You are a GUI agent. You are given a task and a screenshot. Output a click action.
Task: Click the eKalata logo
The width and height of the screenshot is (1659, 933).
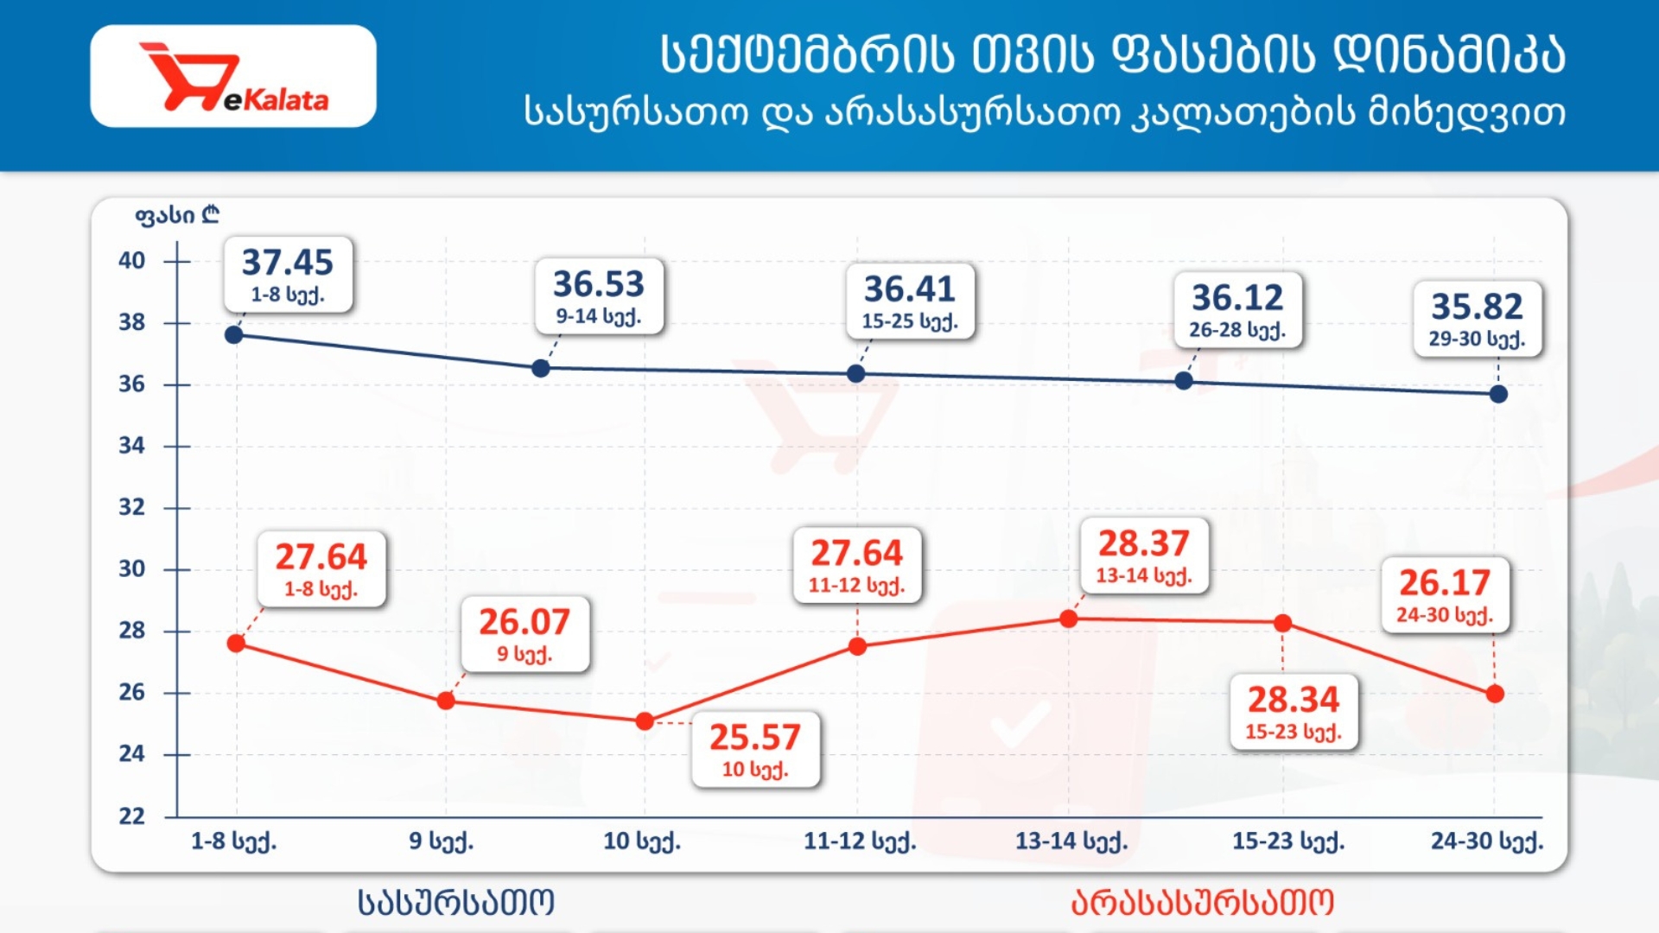click(233, 77)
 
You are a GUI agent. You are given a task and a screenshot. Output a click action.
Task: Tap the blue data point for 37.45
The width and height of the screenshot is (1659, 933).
click(233, 334)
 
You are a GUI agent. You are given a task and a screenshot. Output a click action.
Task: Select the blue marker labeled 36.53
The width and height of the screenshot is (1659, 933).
click(541, 369)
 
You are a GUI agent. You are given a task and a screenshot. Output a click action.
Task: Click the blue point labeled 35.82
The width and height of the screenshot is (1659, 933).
click(1498, 394)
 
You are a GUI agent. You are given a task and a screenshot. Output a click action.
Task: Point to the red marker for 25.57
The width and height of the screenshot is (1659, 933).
click(645, 721)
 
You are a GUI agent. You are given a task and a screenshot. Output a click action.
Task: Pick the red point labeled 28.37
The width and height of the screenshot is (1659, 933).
click(1069, 619)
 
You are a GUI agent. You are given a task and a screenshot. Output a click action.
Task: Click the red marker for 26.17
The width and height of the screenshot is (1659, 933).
click(1495, 694)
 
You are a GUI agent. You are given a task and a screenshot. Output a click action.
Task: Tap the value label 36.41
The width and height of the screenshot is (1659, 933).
click(910, 289)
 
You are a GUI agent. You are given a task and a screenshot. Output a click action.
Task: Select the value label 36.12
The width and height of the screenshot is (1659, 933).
click(1237, 298)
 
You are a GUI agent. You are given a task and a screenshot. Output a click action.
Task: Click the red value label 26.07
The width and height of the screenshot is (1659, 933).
click(524, 622)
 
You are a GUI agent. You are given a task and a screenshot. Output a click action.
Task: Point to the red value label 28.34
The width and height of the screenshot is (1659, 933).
click(1294, 700)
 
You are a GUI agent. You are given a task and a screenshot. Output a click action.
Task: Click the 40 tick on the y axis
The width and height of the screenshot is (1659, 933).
click(131, 260)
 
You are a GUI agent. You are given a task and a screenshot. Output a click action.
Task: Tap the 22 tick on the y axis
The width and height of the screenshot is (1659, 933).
click(131, 816)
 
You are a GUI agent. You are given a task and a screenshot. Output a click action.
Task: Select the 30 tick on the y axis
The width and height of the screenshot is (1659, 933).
click(131, 568)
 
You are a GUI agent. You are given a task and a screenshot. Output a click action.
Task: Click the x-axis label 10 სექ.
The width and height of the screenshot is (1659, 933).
click(642, 841)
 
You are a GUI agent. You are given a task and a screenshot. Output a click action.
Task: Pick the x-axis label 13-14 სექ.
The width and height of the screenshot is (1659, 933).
click(1071, 841)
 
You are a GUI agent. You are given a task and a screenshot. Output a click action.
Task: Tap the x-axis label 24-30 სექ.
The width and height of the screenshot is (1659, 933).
click(1487, 841)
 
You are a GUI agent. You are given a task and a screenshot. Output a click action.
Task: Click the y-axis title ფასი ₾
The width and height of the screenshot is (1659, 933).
click(177, 214)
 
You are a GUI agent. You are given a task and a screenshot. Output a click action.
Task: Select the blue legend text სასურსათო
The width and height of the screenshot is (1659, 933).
click(456, 903)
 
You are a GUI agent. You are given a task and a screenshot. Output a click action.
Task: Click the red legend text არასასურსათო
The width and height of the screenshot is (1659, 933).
click(1203, 903)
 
